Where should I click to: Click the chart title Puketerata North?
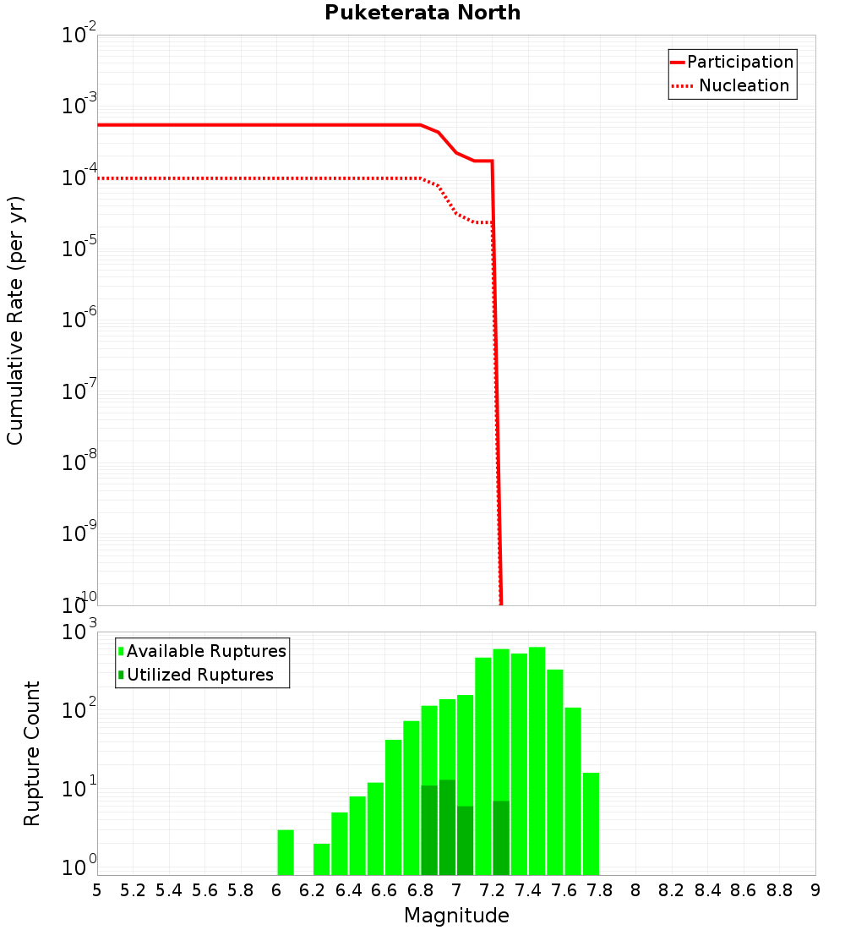[x=422, y=13]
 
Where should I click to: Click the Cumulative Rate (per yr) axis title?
[x=15, y=320]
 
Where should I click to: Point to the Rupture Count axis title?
[x=32, y=753]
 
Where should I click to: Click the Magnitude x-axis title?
[x=456, y=916]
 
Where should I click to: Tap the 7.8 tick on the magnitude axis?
[x=600, y=890]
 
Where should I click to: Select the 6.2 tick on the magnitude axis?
[x=313, y=890]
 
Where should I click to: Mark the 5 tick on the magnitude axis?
[x=97, y=890]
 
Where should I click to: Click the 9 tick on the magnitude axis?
[x=815, y=890]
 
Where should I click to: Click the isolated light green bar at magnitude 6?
[x=286, y=852]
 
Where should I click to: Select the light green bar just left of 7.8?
[x=591, y=823]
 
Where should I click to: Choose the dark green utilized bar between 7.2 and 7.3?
[x=501, y=837]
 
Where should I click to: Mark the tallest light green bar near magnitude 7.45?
[x=537, y=761]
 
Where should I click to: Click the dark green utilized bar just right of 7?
[x=465, y=840]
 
